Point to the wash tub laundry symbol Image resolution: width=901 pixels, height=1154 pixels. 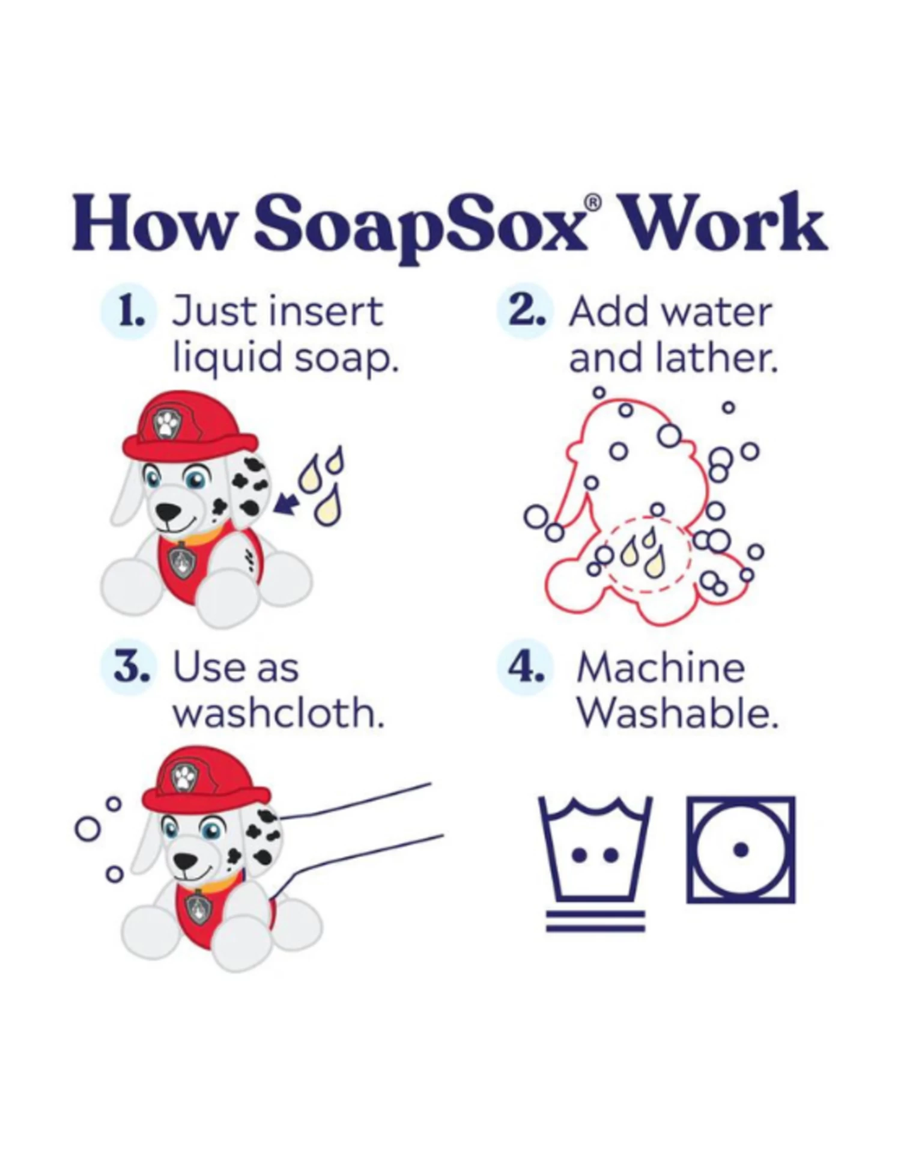(x=595, y=848)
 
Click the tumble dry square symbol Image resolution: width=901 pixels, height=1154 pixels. (x=741, y=849)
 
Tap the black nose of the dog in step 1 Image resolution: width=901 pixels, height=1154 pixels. (x=168, y=511)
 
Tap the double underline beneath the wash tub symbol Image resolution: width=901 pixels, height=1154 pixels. (x=595, y=921)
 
